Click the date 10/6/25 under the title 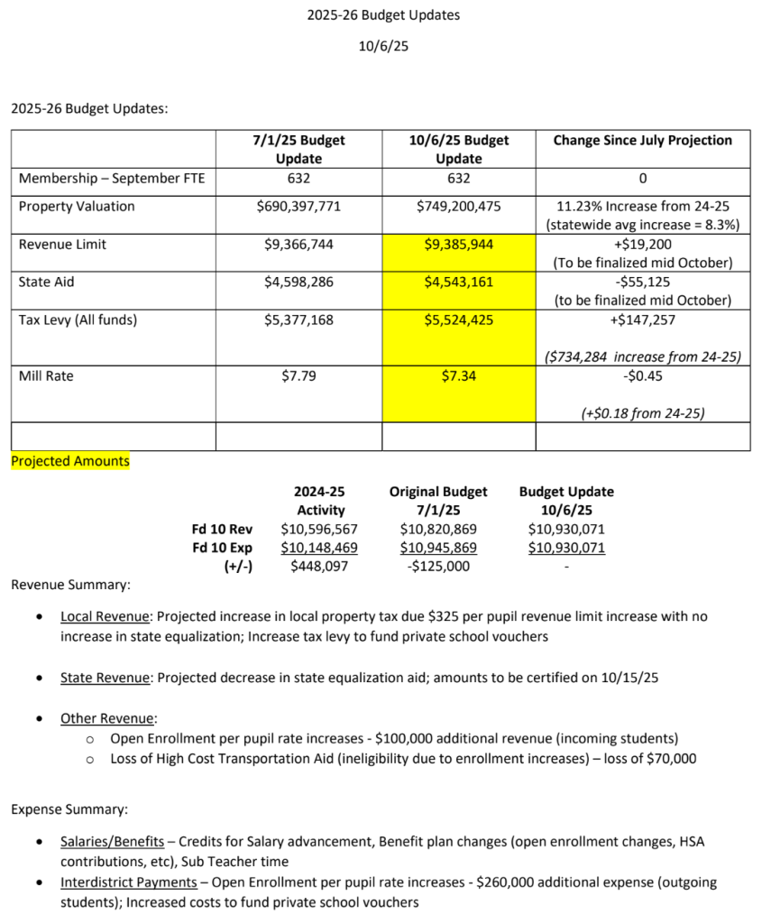click(383, 46)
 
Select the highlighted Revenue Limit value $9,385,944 click(458, 244)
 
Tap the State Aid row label click(47, 282)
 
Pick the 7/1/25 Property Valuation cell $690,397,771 click(298, 206)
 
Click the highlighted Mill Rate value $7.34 click(458, 375)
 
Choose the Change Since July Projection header click(642, 140)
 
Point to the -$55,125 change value click(642, 282)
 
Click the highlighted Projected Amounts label click(70, 461)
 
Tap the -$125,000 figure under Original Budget click(438, 566)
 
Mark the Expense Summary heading click(69, 809)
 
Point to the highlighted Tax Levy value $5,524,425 click(458, 319)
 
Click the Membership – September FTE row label click(112, 178)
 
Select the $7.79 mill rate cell click(298, 375)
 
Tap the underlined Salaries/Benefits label click(112, 841)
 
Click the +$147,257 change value click(642, 319)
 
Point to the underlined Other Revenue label click(107, 718)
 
